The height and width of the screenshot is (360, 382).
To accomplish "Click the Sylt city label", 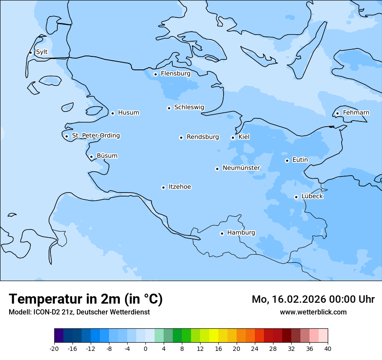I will (x=42, y=52).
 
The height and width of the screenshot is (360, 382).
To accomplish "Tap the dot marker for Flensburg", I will (x=155, y=74).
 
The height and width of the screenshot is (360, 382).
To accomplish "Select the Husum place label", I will (x=128, y=113).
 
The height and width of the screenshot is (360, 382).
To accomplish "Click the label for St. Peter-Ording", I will (x=95, y=136).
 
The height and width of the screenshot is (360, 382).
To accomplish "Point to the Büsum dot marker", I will (x=91, y=157).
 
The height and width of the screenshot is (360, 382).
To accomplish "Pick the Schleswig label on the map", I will (x=189, y=107).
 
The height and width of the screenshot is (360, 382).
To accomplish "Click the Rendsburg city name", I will (x=203, y=137).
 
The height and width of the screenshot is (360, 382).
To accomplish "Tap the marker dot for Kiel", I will (x=233, y=137).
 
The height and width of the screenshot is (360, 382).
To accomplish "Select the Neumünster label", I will (x=241, y=168).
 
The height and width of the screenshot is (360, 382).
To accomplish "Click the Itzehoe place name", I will (x=180, y=187).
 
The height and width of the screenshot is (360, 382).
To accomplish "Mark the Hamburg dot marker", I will (x=222, y=233).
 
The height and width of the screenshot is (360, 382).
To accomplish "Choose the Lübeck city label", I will (x=312, y=196).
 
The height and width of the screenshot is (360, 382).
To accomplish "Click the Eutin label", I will (x=300, y=160).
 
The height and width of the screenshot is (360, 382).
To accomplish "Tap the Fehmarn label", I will (x=356, y=113).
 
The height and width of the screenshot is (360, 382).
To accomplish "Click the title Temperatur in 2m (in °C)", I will (x=86, y=299).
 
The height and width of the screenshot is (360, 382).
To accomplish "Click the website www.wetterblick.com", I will (x=313, y=312).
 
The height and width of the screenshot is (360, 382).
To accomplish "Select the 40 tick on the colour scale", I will (x=328, y=348).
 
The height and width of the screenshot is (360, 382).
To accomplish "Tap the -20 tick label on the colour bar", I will (x=54, y=348).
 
